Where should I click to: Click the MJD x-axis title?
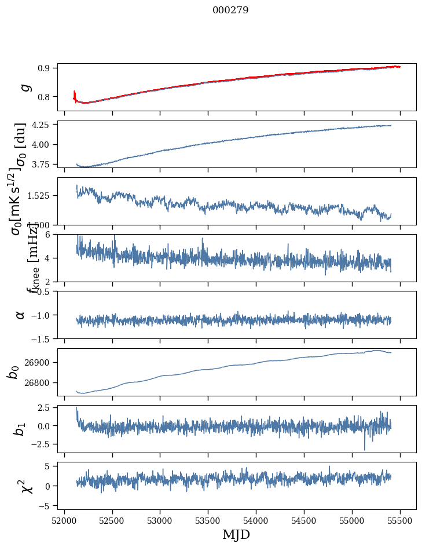236,535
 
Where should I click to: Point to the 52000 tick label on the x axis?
64,521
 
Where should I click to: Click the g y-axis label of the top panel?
24,87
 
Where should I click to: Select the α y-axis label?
20,315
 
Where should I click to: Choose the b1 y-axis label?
20,429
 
